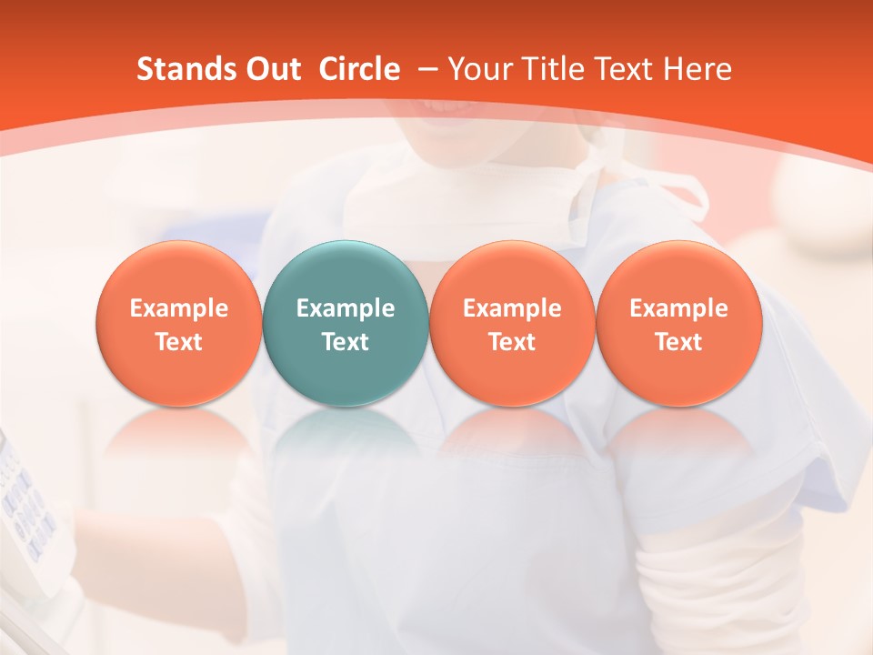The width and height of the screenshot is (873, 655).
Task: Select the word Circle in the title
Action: [x=359, y=69]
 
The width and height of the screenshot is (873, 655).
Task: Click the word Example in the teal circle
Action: [x=346, y=308]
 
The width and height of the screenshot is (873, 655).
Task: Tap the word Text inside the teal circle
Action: [x=346, y=342]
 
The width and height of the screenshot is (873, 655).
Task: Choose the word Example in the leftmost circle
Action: [x=179, y=308]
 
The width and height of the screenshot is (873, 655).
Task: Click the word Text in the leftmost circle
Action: [x=179, y=342]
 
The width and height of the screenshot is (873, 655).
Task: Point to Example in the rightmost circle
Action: [x=679, y=308]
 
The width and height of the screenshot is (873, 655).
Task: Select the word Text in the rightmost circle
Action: [x=679, y=342]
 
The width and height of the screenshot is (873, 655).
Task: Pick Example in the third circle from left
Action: [x=513, y=308]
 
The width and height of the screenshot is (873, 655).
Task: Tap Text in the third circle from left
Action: [x=513, y=342]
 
